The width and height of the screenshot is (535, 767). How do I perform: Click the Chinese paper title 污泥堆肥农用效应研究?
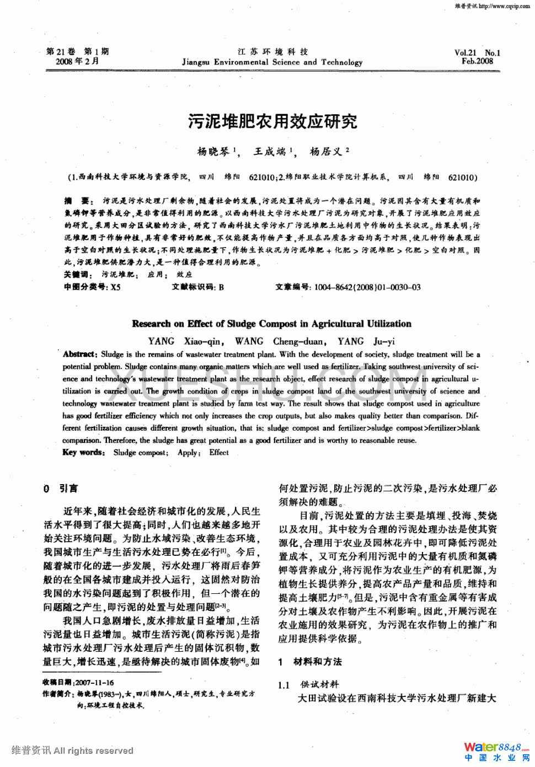pyautogui.click(x=272, y=121)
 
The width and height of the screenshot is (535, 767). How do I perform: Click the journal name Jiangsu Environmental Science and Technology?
pyautogui.click(x=272, y=62)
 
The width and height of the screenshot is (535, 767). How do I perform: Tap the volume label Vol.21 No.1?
pyautogui.click(x=477, y=53)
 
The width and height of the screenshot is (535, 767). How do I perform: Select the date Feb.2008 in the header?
pyautogui.click(x=477, y=61)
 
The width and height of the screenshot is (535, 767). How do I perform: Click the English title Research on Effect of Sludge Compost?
pyautogui.click(x=271, y=324)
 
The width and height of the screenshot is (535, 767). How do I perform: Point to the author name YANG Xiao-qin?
pyautogui.click(x=185, y=341)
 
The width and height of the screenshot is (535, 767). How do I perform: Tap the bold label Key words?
pyautogui.click(x=83, y=452)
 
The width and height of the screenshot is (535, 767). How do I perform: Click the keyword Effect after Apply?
pyautogui.click(x=219, y=453)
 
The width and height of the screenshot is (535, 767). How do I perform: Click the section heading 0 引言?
pyautogui.click(x=61, y=489)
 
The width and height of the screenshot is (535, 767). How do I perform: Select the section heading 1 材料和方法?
pyautogui.click(x=310, y=662)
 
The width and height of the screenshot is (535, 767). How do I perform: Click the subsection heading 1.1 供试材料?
pyautogui.click(x=308, y=685)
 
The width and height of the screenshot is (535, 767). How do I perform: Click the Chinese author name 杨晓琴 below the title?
pyautogui.click(x=213, y=152)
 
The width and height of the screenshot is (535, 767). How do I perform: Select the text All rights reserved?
pyautogui.click(x=93, y=750)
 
